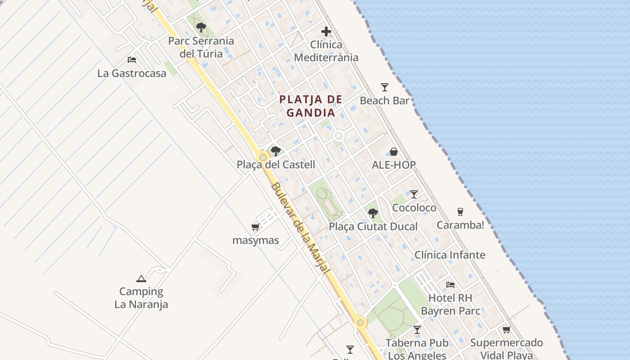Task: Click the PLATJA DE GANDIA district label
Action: coord(311,106)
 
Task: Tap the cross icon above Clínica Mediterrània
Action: coord(326,31)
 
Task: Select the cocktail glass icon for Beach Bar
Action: coord(384,87)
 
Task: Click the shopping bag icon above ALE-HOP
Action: coord(394,152)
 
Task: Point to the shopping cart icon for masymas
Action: coord(256,227)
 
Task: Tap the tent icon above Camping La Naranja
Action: coord(141,279)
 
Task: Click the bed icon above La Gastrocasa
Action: coord(132,59)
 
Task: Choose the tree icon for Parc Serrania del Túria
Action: coord(201,27)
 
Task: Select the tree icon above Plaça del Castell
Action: coord(276,151)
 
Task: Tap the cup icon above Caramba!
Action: coord(460,211)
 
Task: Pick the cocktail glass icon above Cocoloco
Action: coord(414,194)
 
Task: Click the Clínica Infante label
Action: coord(450,255)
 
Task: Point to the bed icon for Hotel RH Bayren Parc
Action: coord(450,284)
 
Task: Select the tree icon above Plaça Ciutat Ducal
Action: coord(373,213)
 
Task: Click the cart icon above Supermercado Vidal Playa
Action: coord(506,330)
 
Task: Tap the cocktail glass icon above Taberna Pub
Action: coord(417,330)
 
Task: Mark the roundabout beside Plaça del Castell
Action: coord(263,157)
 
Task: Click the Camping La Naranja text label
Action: coord(141,298)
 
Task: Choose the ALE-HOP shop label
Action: coord(394,165)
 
